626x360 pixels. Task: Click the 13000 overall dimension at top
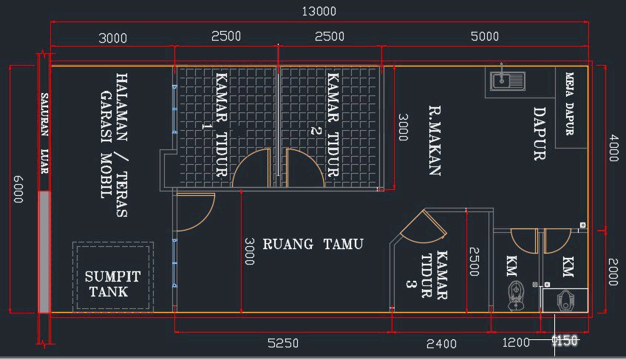coord(319,11)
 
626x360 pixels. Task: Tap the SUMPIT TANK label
coord(112,284)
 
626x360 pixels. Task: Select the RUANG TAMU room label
coord(313,244)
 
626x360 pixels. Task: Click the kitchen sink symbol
coord(508,81)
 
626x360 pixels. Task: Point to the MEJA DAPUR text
coord(570,103)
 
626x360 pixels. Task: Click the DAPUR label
coord(540,134)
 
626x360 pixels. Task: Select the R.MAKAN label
coord(435,140)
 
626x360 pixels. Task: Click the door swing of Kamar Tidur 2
coord(305,168)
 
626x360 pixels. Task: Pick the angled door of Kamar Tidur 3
coord(424,228)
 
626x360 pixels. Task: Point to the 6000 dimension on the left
coord(18,189)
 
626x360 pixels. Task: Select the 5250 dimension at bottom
coord(282,343)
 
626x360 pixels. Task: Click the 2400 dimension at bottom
coord(441,344)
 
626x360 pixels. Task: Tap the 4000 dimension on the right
coord(614,148)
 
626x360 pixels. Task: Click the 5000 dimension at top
coord(484,36)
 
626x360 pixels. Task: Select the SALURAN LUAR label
coord(44,133)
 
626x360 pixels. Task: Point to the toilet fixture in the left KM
coord(515,296)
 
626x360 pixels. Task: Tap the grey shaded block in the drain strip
coord(44,252)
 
